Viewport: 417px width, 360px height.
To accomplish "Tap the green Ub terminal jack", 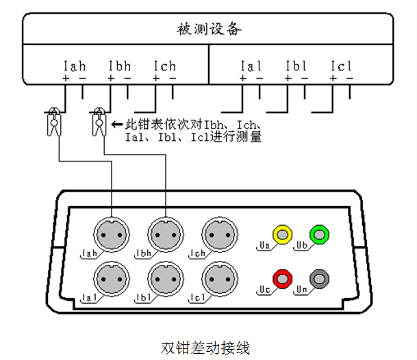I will tap(319, 235).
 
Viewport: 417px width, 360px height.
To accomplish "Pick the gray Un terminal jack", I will tap(319, 279).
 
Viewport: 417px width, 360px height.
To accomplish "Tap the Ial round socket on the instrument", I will tap(111, 279).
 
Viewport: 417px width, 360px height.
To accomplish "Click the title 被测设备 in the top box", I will tap(208, 29).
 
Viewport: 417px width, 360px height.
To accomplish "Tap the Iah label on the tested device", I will tap(74, 66).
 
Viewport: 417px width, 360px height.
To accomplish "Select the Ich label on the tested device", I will tap(164, 66).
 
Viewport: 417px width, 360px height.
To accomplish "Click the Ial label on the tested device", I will tap(251, 66).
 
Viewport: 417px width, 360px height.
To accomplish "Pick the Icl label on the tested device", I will tap(341, 66).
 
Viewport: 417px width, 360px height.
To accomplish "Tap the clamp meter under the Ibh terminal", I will tap(98, 121).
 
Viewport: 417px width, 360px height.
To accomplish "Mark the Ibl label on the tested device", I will tap(296, 66).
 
